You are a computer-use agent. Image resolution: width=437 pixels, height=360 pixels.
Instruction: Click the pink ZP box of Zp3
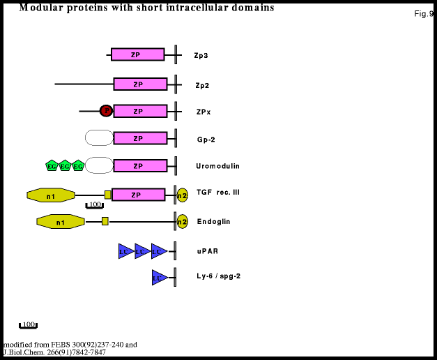click(137, 54)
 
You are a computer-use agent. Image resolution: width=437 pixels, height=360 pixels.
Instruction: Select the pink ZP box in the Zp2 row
click(140, 84)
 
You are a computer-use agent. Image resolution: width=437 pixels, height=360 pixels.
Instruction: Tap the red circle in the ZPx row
click(106, 110)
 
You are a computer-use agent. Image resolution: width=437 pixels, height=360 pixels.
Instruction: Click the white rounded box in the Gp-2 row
click(99, 138)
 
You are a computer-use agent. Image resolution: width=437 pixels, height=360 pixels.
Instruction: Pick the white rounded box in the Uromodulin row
click(99, 165)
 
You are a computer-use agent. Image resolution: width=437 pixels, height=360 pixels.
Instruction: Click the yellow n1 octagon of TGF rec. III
click(51, 195)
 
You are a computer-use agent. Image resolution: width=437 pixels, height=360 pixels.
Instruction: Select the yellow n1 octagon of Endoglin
click(61, 222)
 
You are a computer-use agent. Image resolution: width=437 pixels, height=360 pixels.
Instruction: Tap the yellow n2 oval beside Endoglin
click(183, 222)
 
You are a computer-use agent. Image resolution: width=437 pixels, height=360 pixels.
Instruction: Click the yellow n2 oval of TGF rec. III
click(183, 195)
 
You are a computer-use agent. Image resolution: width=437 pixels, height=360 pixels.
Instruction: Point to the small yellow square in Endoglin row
click(105, 221)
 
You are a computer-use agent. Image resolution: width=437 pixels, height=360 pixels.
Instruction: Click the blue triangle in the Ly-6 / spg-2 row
click(160, 278)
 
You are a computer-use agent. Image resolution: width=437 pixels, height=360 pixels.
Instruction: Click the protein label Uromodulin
click(217, 166)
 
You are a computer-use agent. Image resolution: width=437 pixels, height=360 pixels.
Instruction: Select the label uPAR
click(207, 251)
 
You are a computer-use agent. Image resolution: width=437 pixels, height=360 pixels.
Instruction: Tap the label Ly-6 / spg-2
click(218, 276)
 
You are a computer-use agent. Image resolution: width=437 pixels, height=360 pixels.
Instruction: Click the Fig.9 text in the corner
click(423, 14)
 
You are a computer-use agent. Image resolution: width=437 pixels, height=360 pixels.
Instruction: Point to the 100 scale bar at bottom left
click(28, 325)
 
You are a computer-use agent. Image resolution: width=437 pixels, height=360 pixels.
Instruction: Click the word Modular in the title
click(39, 8)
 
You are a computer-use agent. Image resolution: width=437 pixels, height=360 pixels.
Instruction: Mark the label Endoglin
click(213, 222)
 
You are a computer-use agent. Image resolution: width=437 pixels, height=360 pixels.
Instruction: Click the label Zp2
click(202, 86)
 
